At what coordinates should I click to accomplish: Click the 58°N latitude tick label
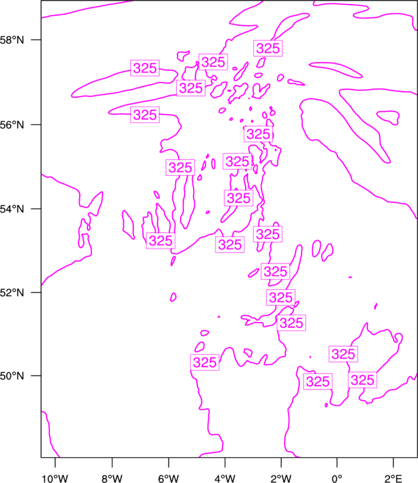point(12,40)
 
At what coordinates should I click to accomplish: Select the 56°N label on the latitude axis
point(12,125)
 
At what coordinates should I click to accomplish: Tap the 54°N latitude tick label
point(12,209)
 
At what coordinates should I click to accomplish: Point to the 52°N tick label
point(12,292)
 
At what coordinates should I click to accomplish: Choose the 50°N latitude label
point(12,376)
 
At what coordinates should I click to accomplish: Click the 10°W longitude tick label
point(55,478)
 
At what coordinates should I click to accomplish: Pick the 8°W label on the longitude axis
point(112,478)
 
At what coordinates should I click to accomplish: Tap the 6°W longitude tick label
point(168,478)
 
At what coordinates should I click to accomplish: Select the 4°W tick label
point(225,478)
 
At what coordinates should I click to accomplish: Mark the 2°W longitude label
point(281,478)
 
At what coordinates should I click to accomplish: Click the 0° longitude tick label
point(337,478)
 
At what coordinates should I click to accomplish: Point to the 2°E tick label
point(393,478)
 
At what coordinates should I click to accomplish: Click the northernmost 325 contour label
point(268,48)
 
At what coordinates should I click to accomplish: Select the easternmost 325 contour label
point(362,380)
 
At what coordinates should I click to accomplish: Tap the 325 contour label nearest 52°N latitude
point(281,298)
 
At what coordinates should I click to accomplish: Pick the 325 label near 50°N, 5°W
point(205,362)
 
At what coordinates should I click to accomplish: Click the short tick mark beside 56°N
point(36,125)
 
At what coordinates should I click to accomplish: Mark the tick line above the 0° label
point(337,462)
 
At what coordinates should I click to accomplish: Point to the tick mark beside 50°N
point(36,376)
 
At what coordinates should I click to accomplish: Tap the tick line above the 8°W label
point(112,462)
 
